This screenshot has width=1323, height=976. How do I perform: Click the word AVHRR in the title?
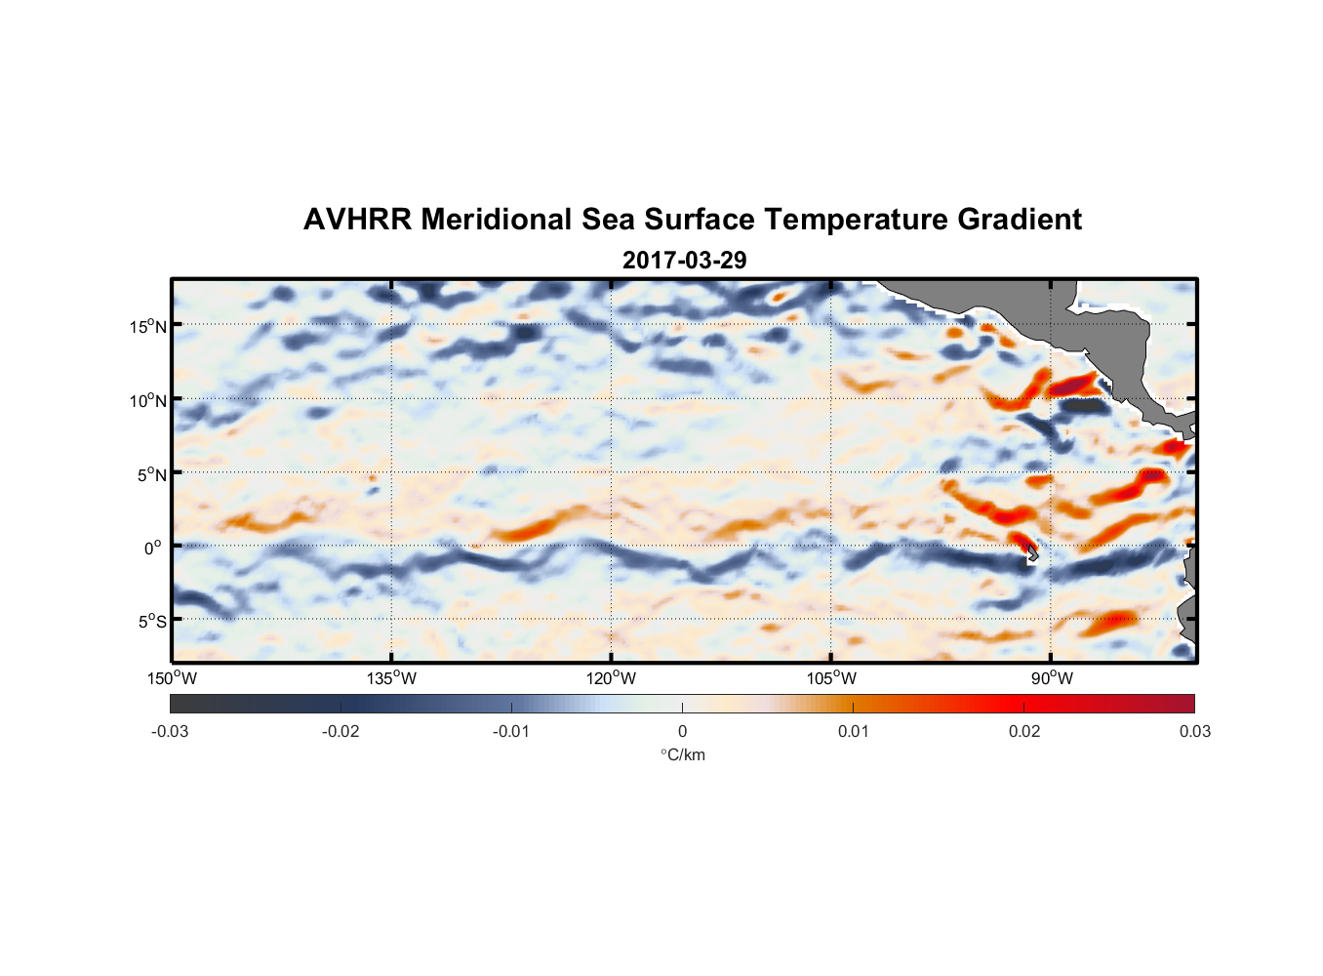tap(357, 220)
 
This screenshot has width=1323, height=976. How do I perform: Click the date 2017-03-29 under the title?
tap(684, 260)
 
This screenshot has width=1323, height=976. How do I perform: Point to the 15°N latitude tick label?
tap(147, 326)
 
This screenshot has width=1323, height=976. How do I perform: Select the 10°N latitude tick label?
tap(147, 400)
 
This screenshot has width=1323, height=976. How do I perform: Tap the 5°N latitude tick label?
tap(150, 474)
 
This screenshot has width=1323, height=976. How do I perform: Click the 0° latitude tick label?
tap(152, 549)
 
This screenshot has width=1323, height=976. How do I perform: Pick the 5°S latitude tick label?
tap(151, 622)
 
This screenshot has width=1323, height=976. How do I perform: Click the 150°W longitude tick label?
tap(172, 678)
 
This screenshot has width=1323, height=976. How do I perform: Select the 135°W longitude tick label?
tap(391, 678)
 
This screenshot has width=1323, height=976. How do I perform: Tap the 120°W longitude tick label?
tap(611, 678)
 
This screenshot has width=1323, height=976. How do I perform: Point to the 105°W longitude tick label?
tap(831, 678)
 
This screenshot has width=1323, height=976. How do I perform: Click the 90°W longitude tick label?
tap(1051, 678)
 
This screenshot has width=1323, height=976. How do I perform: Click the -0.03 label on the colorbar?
tap(170, 731)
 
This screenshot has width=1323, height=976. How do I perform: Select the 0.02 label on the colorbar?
tap(1024, 731)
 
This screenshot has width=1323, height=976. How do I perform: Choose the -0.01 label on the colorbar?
tap(511, 731)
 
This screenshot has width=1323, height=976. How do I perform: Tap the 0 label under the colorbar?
tap(682, 731)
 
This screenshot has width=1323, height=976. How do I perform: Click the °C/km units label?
tap(682, 754)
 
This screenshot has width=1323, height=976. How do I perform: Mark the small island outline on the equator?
tap(1032, 554)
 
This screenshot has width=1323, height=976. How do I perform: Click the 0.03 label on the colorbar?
tap(1194, 731)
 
